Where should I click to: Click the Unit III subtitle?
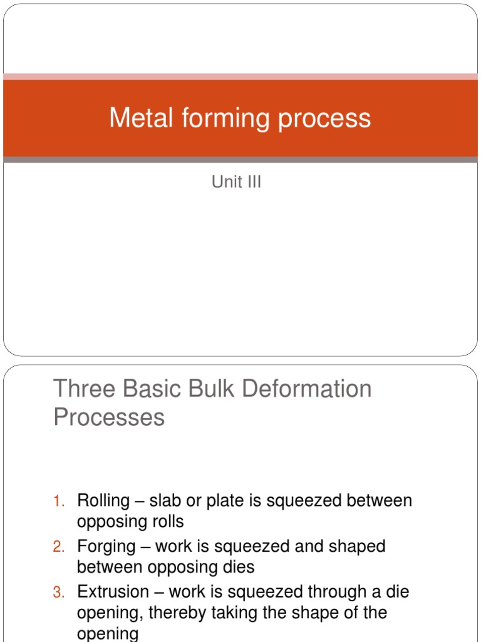click(x=236, y=182)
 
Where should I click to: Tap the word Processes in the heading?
click(x=109, y=417)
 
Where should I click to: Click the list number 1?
click(x=58, y=501)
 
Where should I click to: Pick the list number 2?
click(x=58, y=547)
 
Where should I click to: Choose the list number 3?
click(x=58, y=592)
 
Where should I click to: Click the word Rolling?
click(x=103, y=501)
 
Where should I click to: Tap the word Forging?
click(x=105, y=547)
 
